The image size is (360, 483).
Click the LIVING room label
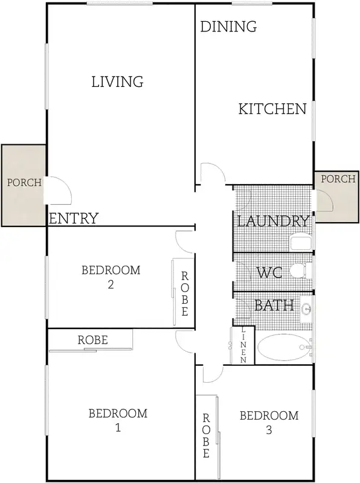(117, 82)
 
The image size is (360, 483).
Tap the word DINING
(228, 27)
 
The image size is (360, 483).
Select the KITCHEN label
(272, 109)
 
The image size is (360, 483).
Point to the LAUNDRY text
(273, 221)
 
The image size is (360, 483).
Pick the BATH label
(274, 305)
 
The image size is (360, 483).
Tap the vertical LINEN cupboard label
(244, 345)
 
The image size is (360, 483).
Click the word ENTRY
(73, 219)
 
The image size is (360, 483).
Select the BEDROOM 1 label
(118, 420)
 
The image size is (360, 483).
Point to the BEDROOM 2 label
(111, 277)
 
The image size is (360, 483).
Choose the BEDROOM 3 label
(269, 422)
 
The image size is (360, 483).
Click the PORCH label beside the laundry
(338, 179)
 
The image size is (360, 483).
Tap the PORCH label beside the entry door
(24, 182)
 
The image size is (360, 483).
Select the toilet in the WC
(298, 271)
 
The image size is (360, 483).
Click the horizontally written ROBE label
(92, 340)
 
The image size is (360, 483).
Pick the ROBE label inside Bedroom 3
(206, 435)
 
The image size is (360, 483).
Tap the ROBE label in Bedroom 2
(185, 294)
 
